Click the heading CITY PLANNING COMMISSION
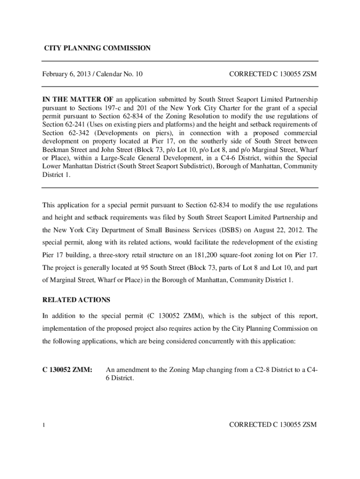coord(97,48)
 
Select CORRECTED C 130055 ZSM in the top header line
coord(273,74)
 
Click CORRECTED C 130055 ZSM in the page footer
coord(273,425)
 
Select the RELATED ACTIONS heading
coord(76,299)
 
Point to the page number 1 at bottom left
coord(43,425)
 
